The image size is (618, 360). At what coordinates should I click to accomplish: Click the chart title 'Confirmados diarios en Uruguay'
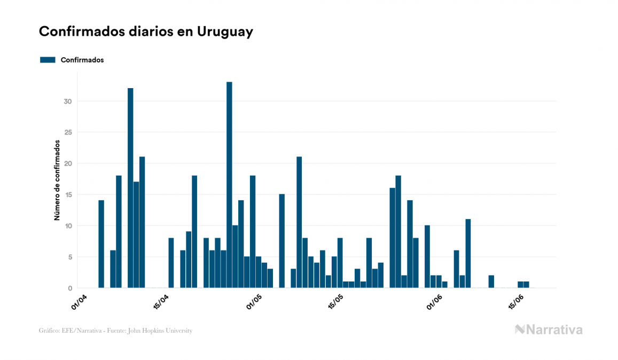(x=146, y=32)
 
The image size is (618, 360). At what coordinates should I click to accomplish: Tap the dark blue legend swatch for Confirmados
(x=48, y=60)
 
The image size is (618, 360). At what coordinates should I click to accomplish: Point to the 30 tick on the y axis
(x=69, y=101)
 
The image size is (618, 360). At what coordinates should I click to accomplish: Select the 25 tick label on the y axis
(x=69, y=132)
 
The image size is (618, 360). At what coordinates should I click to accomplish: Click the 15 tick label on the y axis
(x=69, y=195)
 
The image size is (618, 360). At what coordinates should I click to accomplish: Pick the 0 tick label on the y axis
(x=71, y=288)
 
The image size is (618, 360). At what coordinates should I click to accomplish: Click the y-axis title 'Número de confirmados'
(x=56, y=181)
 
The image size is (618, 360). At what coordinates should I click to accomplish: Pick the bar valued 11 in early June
(x=468, y=254)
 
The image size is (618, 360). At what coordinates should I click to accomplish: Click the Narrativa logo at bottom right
(x=549, y=330)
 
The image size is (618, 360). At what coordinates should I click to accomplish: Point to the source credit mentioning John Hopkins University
(x=115, y=331)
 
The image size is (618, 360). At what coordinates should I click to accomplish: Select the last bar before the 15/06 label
(x=520, y=285)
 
